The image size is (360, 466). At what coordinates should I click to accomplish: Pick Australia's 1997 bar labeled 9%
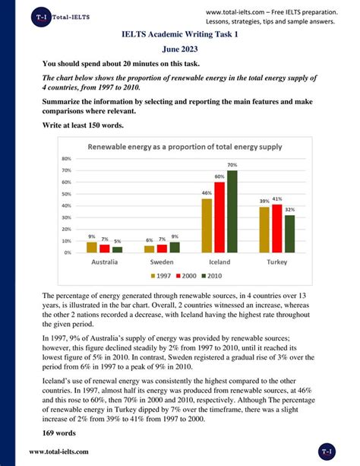click(x=92, y=247)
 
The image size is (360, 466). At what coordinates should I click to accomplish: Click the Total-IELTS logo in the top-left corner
click(x=45, y=15)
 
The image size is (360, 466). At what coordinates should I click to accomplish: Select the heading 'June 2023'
click(x=179, y=49)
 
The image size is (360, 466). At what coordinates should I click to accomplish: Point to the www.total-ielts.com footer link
click(x=59, y=452)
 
